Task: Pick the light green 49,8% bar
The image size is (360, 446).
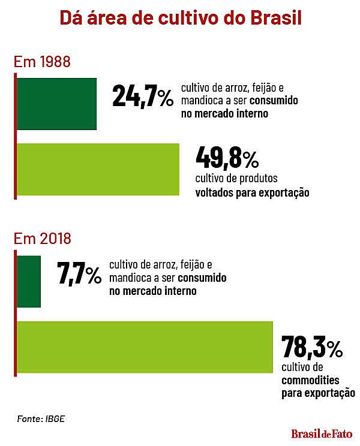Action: coord(98,169)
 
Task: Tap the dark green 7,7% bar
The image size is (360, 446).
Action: coord(29,281)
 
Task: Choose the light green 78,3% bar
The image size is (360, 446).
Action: coord(145,348)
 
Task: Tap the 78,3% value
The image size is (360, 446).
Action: coord(312,348)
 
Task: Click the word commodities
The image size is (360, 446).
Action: coord(310,380)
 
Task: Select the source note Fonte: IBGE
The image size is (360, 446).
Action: coord(40,418)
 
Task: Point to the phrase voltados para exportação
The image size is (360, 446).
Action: coord(252,194)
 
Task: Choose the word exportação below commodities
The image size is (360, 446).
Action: coord(328,394)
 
